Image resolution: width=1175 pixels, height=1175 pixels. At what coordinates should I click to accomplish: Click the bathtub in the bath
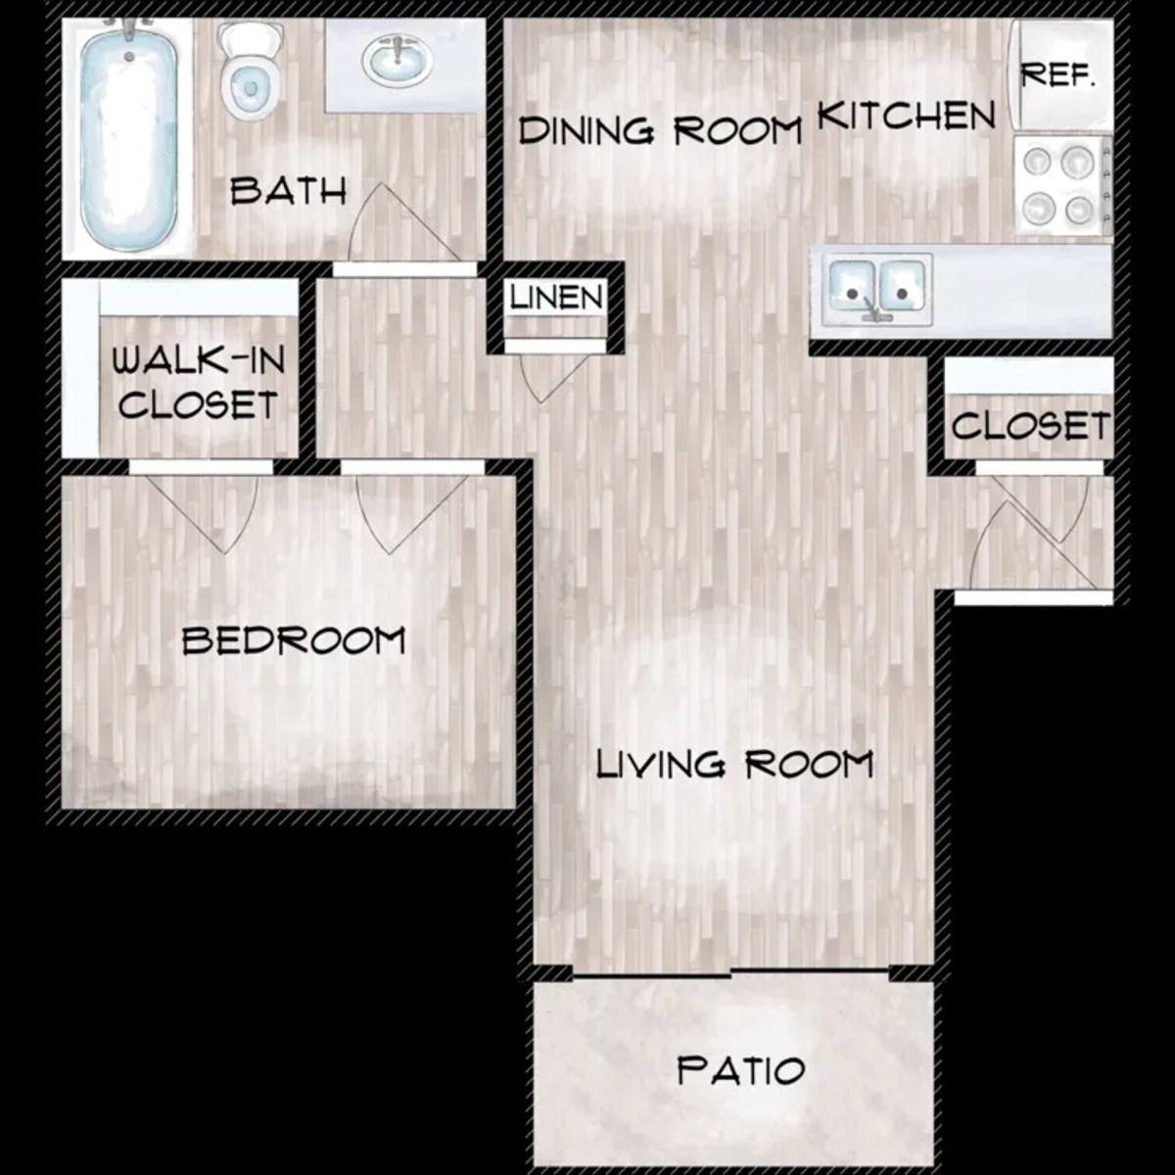pyautogui.click(x=128, y=138)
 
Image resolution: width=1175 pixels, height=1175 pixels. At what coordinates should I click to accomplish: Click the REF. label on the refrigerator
pyautogui.click(x=1058, y=75)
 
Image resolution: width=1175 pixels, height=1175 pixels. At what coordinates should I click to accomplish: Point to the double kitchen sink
pyautogui.click(x=876, y=290)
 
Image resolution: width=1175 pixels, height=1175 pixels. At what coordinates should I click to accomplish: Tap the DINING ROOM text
pyautogui.click(x=660, y=130)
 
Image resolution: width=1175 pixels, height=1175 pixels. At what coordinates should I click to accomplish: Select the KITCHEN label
pyautogui.click(x=906, y=116)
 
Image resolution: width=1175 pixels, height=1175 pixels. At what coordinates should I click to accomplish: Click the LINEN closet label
pyautogui.click(x=557, y=298)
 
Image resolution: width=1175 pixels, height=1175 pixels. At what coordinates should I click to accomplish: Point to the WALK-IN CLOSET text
pyautogui.click(x=198, y=382)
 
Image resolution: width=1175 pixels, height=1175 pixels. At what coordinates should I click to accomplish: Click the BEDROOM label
pyautogui.click(x=294, y=640)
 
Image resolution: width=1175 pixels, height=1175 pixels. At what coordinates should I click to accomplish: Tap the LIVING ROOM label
pyautogui.click(x=734, y=765)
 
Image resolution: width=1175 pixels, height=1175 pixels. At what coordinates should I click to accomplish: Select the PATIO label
pyautogui.click(x=741, y=1069)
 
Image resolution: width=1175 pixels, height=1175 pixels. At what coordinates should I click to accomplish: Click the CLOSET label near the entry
pyautogui.click(x=1030, y=425)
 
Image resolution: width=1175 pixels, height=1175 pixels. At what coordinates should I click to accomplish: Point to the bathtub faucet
pyautogui.click(x=129, y=29)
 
